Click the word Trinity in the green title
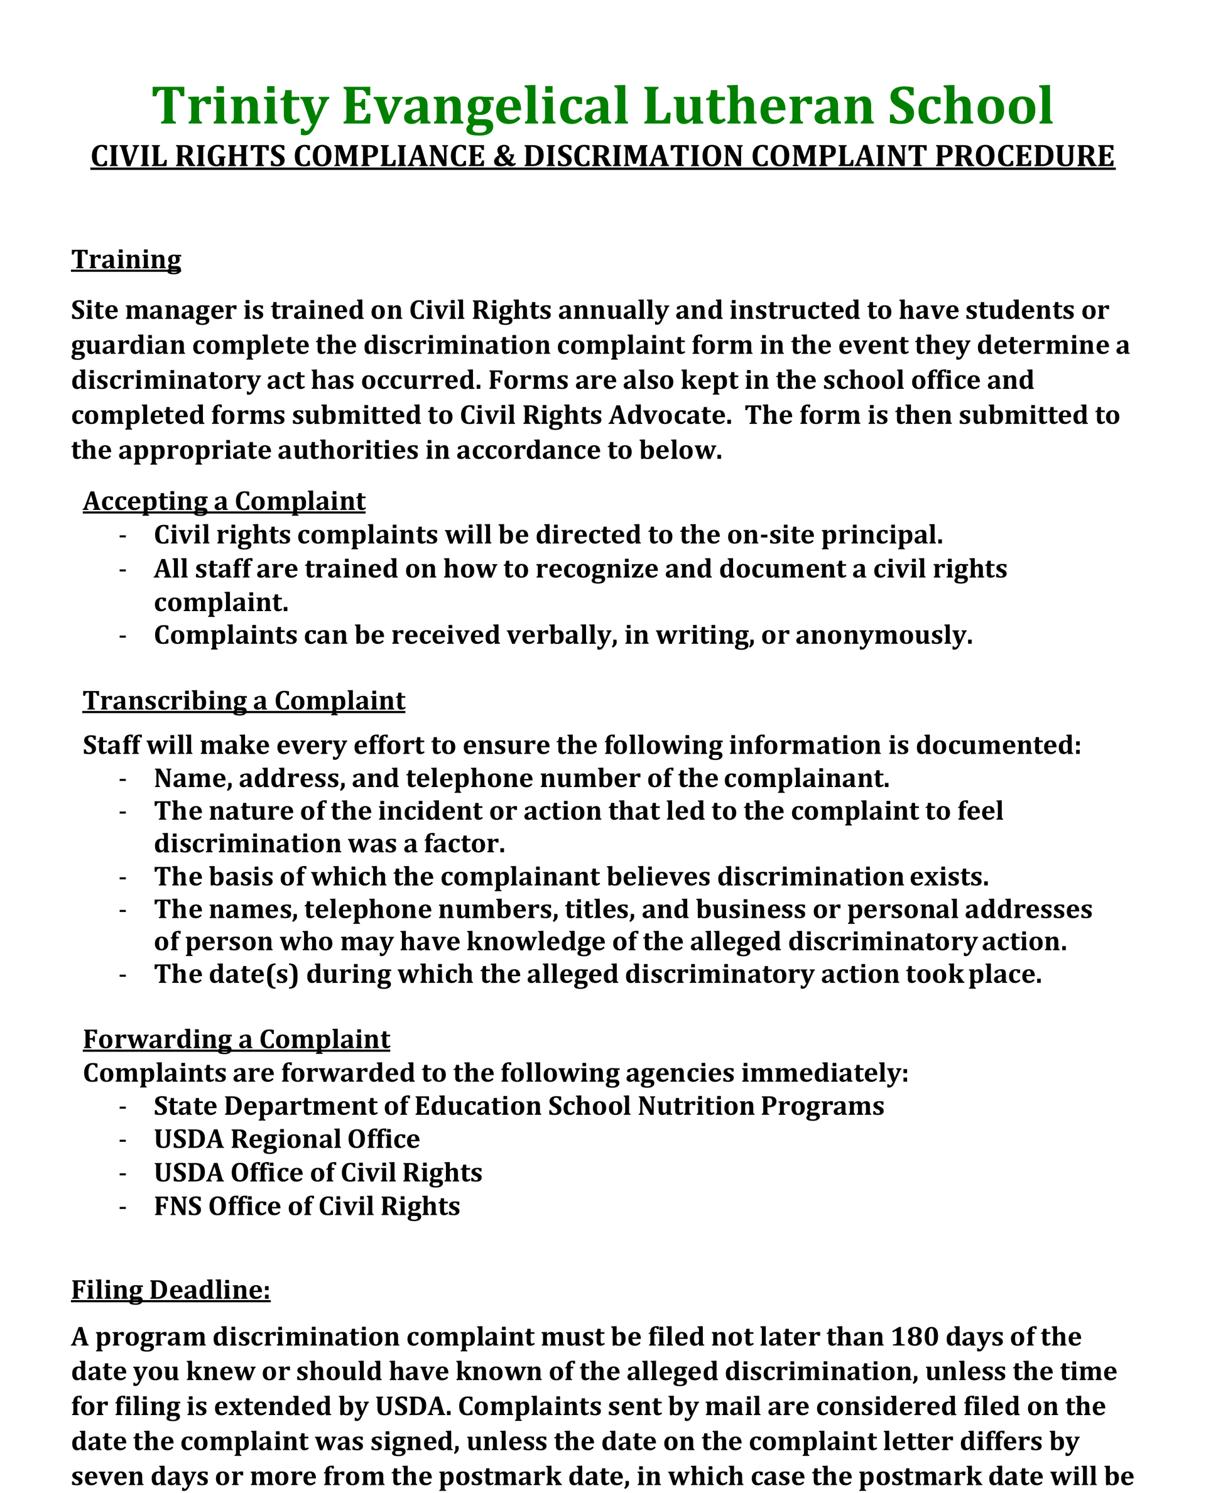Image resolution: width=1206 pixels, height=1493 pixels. coord(240,106)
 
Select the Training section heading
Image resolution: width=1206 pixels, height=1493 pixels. coord(126,260)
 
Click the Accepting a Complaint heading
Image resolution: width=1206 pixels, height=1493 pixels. coord(224,501)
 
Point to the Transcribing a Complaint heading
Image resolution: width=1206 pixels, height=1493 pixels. coord(244,701)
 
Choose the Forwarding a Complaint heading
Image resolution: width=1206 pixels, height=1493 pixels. coord(236,1040)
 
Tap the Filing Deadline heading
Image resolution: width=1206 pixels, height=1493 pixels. coord(170,1290)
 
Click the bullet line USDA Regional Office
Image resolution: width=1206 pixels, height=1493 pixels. coord(287,1139)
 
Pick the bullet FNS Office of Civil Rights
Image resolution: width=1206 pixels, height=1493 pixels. coord(307,1206)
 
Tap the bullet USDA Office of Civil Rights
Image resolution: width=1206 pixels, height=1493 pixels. coord(317,1173)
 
